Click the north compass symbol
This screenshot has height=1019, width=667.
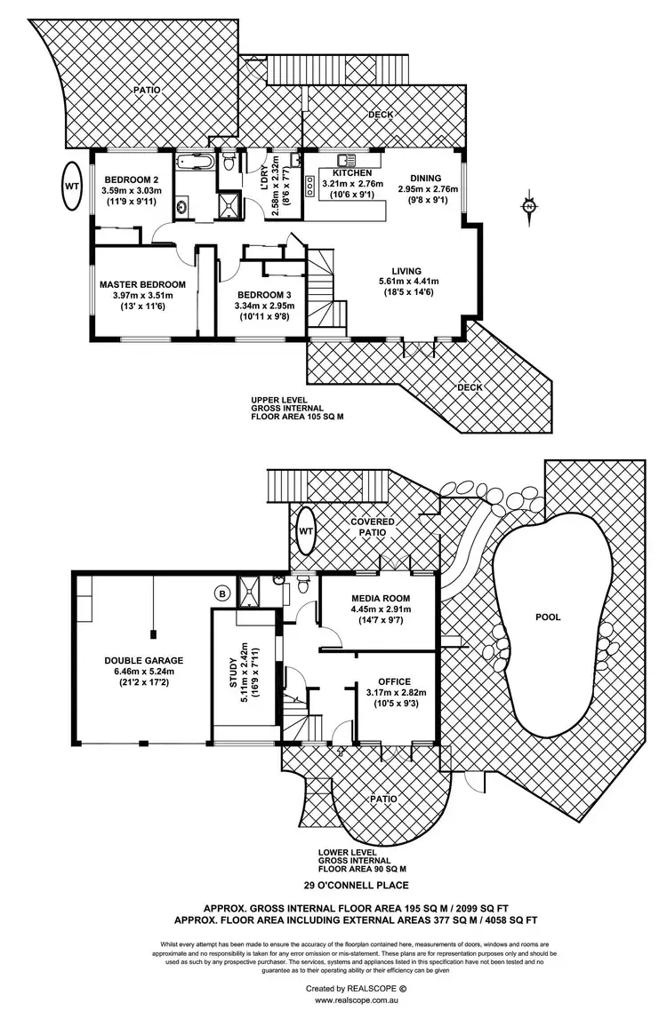[x=530, y=206]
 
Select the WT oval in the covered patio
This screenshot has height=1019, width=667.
[x=306, y=530]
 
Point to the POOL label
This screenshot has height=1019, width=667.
[x=549, y=617]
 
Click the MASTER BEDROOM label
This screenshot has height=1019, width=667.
[x=142, y=284]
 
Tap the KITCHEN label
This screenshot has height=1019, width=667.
[x=352, y=173]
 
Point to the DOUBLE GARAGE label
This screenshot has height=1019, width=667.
[x=143, y=660]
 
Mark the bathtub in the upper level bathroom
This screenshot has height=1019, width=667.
[x=192, y=163]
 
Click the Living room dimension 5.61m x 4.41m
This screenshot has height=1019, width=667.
[x=409, y=282]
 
